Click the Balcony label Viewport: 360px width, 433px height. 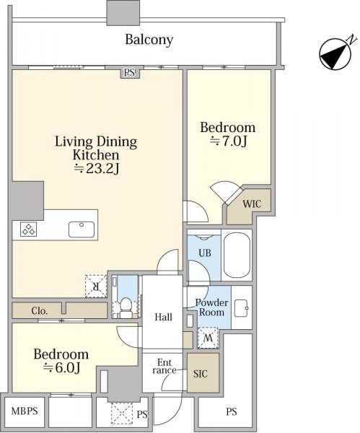[149, 40]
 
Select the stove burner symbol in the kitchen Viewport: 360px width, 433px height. [28, 229]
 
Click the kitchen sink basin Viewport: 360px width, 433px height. [82, 229]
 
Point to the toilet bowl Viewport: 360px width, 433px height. [126, 305]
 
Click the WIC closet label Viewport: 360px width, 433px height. [252, 204]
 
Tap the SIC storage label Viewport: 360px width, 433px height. [200, 374]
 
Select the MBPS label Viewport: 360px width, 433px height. [25, 411]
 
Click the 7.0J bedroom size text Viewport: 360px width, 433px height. [228, 141]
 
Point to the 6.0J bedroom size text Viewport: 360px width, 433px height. [61, 368]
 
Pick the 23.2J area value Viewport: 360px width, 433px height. [97, 168]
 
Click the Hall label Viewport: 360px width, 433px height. [164, 317]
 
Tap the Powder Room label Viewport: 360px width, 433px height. [212, 307]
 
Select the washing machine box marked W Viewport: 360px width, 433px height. [208, 338]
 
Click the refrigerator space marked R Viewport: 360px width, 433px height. [96, 287]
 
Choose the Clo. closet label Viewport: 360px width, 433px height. [39, 311]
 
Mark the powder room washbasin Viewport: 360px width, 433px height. [241, 307]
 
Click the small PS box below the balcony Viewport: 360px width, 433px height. [129, 73]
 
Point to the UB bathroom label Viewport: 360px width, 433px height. [205, 253]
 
